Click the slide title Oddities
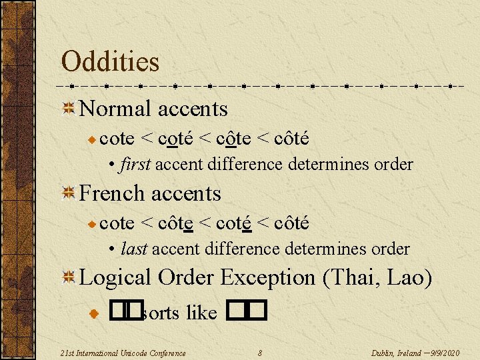coord(110,62)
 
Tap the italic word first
coord(137,164)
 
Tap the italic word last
coord(135,249)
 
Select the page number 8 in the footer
coord(260,353)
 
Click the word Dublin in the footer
coord(383,353)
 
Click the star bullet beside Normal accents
coord(68,109)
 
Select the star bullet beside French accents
coord(68,193)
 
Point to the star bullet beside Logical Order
coord(68,277)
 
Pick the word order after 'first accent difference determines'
coord(391,164)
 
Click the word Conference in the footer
coord(166,353)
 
